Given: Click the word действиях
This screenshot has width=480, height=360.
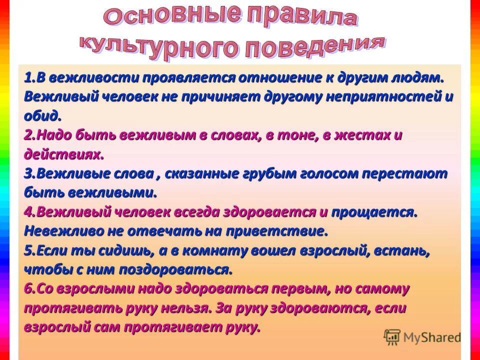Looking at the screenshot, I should [x=63, y=154].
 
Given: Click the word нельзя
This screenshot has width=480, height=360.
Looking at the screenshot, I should [x=185, y=308].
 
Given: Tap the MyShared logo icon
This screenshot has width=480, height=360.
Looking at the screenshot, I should [x=392, y=337].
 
